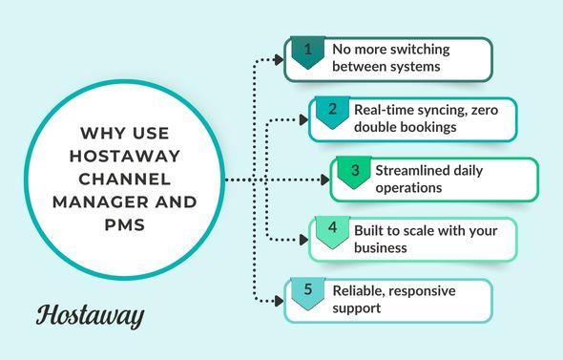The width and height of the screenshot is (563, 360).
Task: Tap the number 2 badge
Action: [331, 111]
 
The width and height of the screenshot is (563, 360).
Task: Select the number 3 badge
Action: [354, 172]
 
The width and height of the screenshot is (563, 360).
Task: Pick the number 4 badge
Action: [331, 231]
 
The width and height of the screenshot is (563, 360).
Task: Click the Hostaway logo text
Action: [91, 315]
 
